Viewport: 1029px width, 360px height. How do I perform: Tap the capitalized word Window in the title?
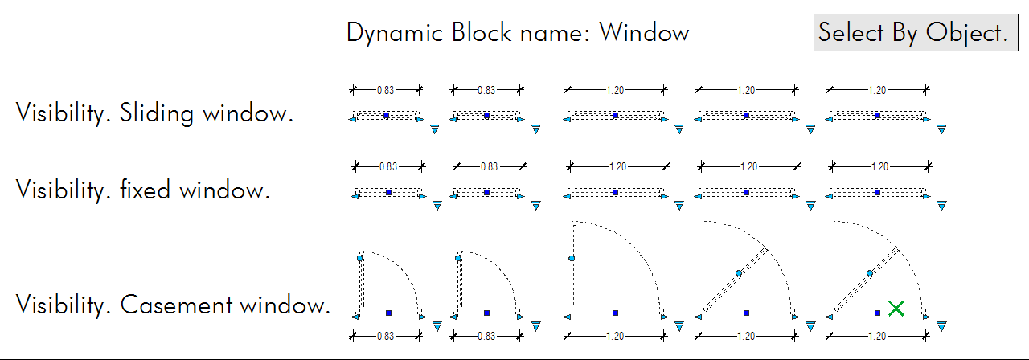[644, 33]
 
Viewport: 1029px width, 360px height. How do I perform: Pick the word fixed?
[147, 191]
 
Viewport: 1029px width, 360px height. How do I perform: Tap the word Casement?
[166, 305]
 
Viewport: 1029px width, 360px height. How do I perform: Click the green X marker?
[897, 309]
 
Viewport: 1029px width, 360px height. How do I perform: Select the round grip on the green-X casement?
[870, 273]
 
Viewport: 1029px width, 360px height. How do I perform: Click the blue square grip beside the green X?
[877, 313]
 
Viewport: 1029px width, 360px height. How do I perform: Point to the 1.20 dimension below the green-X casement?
[877, 335]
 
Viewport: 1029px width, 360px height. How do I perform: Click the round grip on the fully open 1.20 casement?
[572, 258]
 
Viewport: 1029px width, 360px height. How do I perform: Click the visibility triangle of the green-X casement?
[942, 325]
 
